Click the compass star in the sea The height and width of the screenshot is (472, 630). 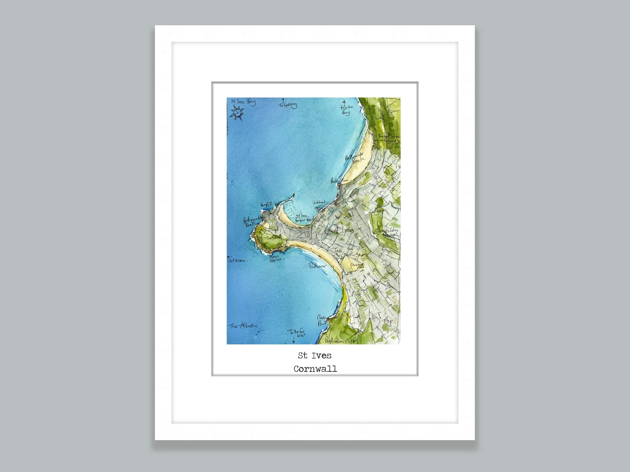(237, 113)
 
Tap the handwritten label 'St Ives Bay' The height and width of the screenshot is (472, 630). (243, 102)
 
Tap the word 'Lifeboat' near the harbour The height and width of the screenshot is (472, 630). (320, 202)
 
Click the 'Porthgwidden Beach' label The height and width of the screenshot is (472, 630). (253, 222)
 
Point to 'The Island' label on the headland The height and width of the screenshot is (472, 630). (273, 238)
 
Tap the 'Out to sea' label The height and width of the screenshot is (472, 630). (237, 260)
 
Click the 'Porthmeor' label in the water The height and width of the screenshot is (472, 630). (316, 266)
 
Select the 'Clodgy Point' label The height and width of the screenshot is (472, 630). (322, 320)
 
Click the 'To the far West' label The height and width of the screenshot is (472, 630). (297, 333)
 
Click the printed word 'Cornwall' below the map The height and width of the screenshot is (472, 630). (315, 369)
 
